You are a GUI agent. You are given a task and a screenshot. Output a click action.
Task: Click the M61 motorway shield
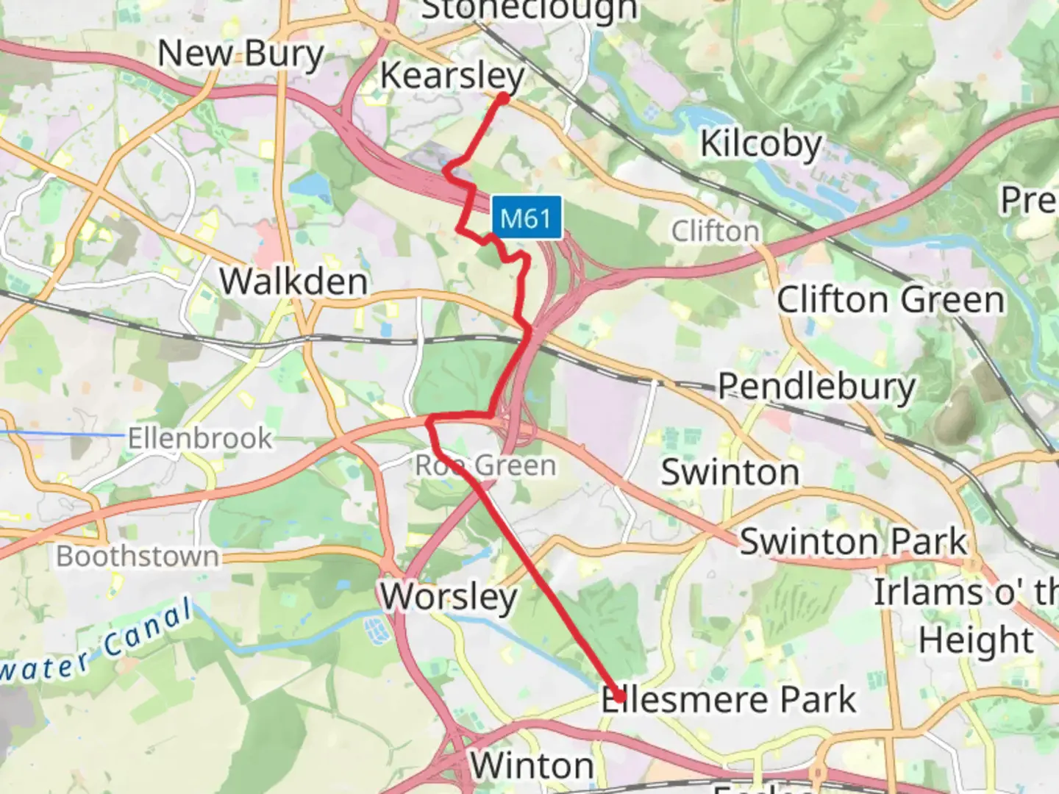coord(526,218)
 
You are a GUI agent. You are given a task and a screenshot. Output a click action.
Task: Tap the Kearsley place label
coord(452,76)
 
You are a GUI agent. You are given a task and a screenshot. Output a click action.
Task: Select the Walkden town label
coord(293,282)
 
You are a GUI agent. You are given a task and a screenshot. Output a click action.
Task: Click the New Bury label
coord(240,54)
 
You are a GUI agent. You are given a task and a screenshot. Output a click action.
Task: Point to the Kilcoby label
coord(760,143)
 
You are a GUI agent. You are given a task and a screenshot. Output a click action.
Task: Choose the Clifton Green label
coord(891,300)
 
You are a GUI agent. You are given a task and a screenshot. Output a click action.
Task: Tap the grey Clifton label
coord(715,232)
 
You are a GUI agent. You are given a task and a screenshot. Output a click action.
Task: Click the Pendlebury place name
coord(816,386)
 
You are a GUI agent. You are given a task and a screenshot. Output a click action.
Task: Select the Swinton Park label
coord(853,542)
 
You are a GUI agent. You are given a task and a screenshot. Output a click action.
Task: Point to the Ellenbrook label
coord(200,439)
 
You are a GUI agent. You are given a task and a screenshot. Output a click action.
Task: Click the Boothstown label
coord(138,557)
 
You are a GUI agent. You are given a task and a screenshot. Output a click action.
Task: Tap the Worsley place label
coord(449,596)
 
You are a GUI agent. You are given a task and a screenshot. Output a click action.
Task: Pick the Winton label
coord(532,766)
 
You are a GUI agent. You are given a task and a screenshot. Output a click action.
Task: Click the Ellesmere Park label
coord(729,699)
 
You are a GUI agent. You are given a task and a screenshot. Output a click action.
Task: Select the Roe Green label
coord(485,465)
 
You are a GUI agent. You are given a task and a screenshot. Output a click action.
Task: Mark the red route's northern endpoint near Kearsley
coord(504,98)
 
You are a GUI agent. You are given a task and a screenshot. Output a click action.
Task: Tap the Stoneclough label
coord(529,10)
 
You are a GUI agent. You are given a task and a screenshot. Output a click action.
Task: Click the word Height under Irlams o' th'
coord(976,640)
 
